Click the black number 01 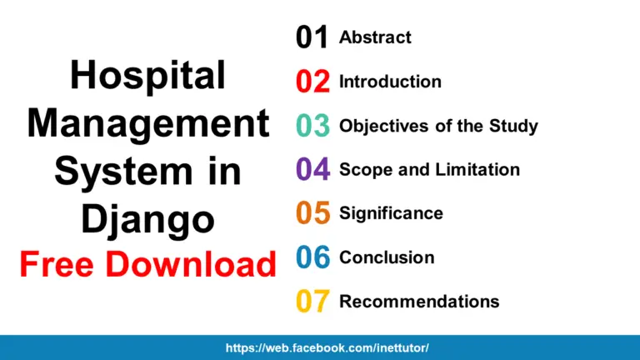tap(312, 37)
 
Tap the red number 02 tap(312, 81)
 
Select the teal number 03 tap(312, 126)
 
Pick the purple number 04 tap(312, 169)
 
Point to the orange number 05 tap(312, 213)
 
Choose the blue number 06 tap(312, 257)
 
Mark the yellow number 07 tap(312, 301)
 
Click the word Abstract tap(375, 37)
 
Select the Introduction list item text tap(390, 82)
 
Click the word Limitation tap(477, 170)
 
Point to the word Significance tap(391, 214)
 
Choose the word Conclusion tap(387, 258)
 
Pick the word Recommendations tap(419, 302)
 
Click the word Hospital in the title tap(147, 77)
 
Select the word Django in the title tap(147, 220)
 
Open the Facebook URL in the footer tap(327, 347)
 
